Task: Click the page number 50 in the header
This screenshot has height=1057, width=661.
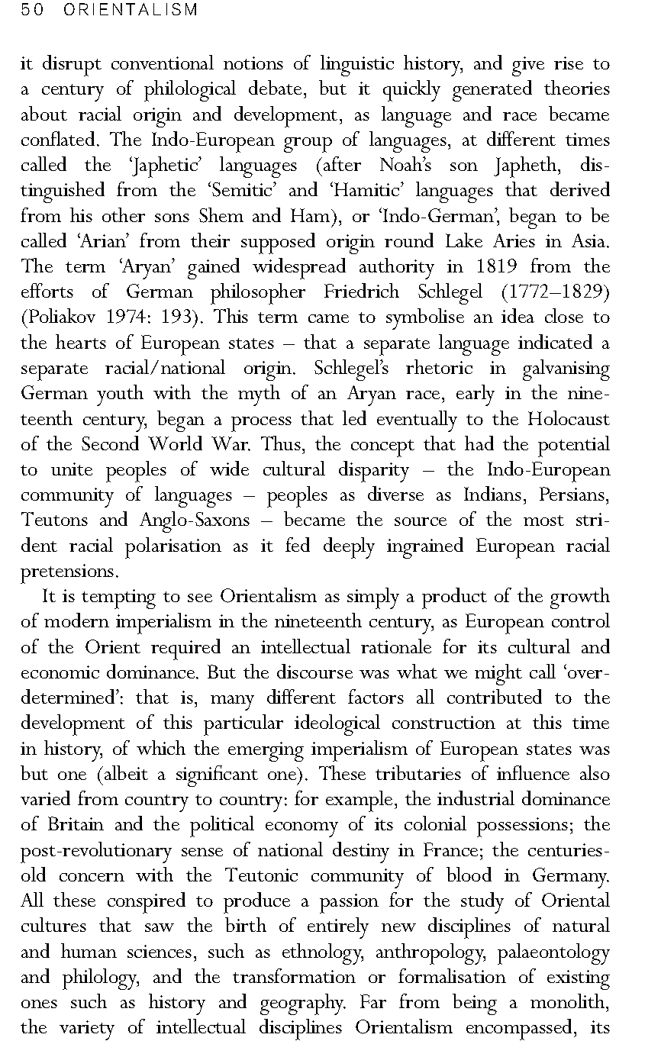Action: click(30, 10)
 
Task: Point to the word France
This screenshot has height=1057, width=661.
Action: click(447, 850)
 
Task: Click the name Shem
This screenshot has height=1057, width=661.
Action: click(219, 216)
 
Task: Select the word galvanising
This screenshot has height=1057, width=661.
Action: click(566, 369)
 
